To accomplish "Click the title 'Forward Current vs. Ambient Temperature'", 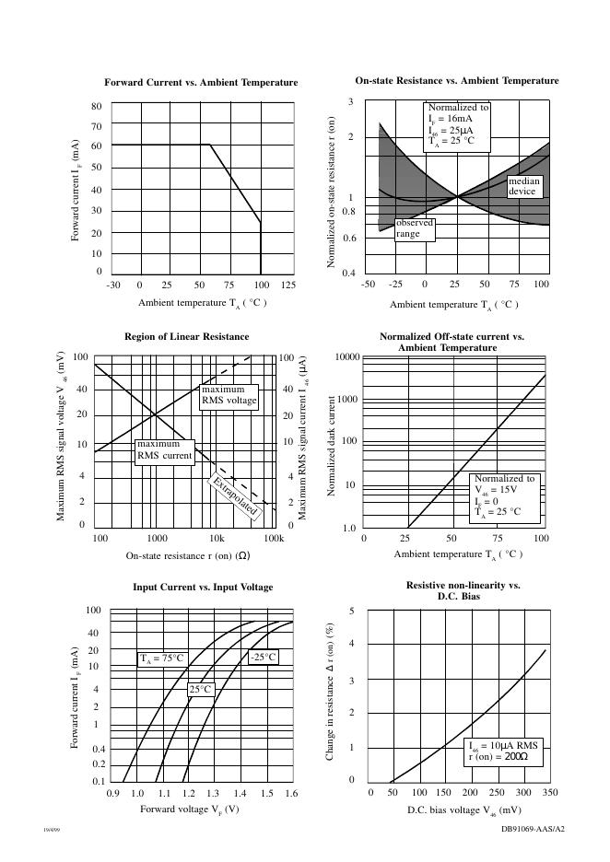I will (x=201, y=83).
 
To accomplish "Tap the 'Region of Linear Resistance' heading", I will (x=187, y=337).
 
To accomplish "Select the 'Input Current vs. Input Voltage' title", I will (x=203, y=587).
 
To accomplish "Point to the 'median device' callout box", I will (x=523, y=187).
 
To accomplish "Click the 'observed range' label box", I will (x=414, y=228).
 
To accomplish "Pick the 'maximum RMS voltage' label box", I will (x=229, y=395).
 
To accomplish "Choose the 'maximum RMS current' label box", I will (x=164, y=450).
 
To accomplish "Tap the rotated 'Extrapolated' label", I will (x=236, y=497).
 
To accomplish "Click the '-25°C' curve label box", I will (x=263, y=657).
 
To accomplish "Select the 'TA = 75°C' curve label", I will (x=162, y=658).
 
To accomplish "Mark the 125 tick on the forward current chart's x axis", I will (x=287, y=285).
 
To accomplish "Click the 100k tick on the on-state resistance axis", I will (x=274, y=538).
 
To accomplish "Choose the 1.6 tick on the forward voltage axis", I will (x=291, y=793).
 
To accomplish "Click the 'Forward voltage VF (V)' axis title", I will (x=189, y=810).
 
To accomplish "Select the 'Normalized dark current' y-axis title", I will (x=334, y=447).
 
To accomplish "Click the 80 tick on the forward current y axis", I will (x=96, y=107).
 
